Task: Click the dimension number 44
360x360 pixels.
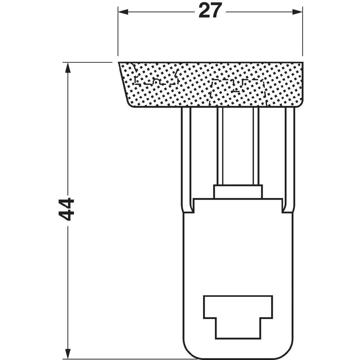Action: [66, 209]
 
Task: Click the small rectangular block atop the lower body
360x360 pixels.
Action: [238, 192]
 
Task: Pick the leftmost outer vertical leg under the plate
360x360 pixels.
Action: [186, 158]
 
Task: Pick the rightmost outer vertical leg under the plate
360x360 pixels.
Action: [290, 158]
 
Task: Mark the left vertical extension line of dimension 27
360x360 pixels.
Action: [118, 32]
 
